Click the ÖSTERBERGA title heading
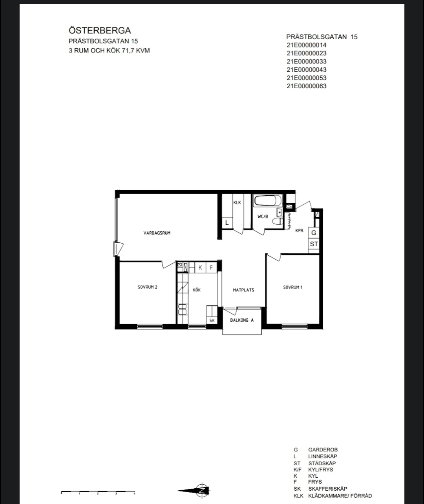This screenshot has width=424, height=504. pos(100,31)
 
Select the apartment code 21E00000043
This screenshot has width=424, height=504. pos(306,70)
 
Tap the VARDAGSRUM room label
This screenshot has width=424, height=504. pos(157,233)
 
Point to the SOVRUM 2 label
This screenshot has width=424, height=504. pos(147,287)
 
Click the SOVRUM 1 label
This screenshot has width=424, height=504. pos(292,287)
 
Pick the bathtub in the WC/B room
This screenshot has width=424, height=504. pos(268,200)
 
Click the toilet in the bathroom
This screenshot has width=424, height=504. pos(277,221)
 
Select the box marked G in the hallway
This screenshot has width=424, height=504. pos(314,233)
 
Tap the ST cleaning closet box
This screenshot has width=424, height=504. pos(314,244)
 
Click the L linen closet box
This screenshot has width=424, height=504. pos(227,222)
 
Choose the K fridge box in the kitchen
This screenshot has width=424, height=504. pos(200,267)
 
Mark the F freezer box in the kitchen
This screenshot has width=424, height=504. pos(211,267)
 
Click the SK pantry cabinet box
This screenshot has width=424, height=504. pos(212,320)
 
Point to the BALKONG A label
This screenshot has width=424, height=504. pos(242,320)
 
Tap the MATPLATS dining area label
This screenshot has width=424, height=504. pos(243,290)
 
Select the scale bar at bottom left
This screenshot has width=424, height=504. pos(98,491)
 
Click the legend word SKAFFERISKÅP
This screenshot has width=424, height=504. pos(327,489)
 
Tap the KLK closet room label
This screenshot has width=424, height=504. pos(237,202)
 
